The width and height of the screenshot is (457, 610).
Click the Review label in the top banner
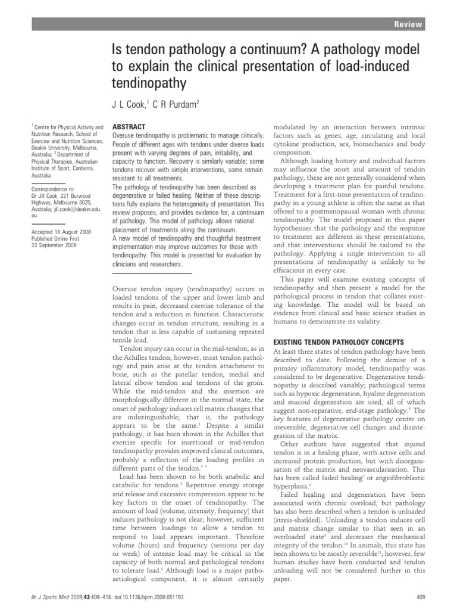410,24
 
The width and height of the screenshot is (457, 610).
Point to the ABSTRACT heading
129,127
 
